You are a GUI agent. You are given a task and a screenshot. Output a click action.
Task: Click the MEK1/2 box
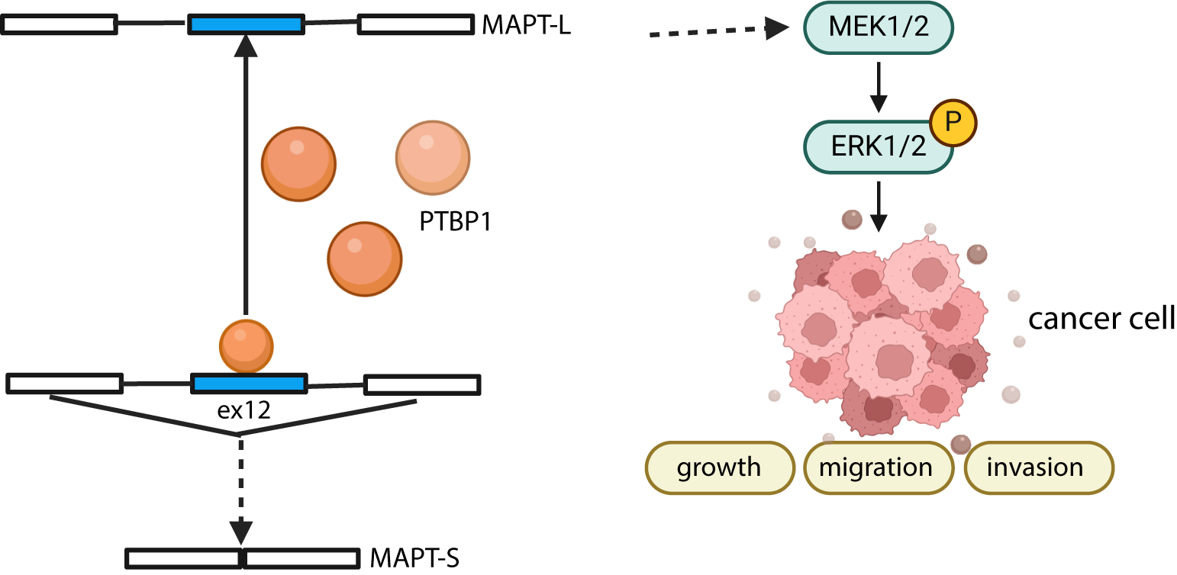point(878,27)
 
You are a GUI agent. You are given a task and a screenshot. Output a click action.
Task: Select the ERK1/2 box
point(878,145)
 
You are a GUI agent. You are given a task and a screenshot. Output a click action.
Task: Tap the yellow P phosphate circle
point(952,123)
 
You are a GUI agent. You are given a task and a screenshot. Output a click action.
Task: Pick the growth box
point(719,467)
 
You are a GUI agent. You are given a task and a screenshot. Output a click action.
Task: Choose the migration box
point(875,467)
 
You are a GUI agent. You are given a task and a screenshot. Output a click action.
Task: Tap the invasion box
point(1034,467)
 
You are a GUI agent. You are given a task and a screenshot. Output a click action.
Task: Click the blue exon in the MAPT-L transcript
point(247,24)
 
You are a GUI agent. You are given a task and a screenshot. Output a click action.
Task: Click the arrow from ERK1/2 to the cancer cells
point(879,204)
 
